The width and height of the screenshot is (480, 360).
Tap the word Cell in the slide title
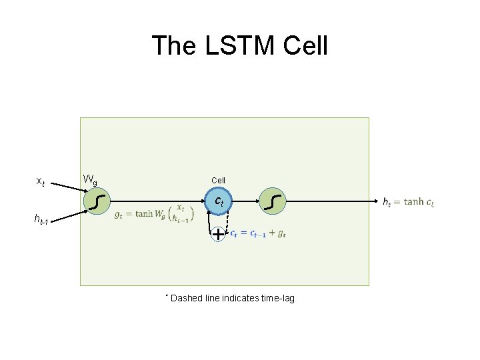pos(306,46)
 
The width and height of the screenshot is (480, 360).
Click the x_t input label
pos(41,181)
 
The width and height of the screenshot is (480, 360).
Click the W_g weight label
pos(89,179)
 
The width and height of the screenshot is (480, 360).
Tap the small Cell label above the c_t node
pos(218,181)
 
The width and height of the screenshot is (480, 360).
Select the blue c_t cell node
pos(218,201)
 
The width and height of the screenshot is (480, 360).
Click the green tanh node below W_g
pos(99,201)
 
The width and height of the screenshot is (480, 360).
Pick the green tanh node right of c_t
pos(273,201)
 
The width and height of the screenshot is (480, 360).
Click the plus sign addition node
pos(218,234)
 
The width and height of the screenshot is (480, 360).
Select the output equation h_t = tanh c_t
pos(409,201)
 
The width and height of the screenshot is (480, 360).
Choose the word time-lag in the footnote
pos(278,298)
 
